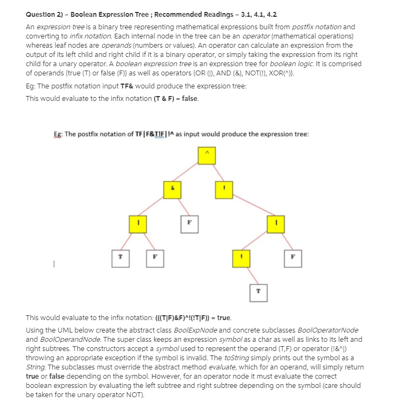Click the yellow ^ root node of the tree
206,156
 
